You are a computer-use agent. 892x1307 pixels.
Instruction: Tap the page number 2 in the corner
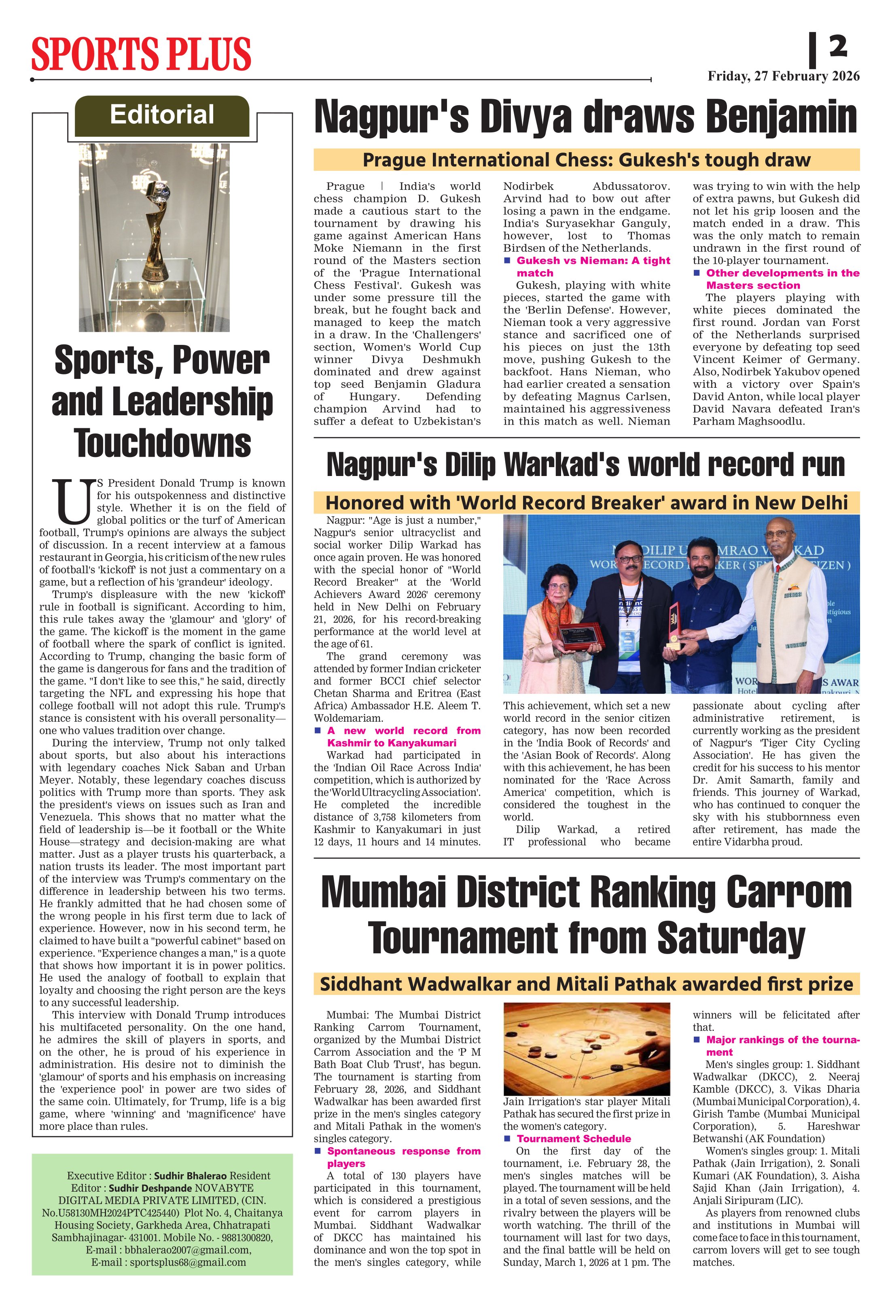click(x=837, y=46)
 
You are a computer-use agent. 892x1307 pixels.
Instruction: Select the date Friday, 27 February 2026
click(x=783, y=76)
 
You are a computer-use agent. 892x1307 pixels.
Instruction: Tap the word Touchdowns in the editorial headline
click(x=163, y=443)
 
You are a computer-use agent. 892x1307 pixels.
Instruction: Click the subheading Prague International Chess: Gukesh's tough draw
click(x=586, y=160)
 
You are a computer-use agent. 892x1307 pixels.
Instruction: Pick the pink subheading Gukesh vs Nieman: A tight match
click(x=593, y=267)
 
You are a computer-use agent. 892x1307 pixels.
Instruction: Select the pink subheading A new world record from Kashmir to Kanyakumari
click(x=404, y=737)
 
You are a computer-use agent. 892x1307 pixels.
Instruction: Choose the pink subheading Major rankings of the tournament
click(x=782, y=1046)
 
